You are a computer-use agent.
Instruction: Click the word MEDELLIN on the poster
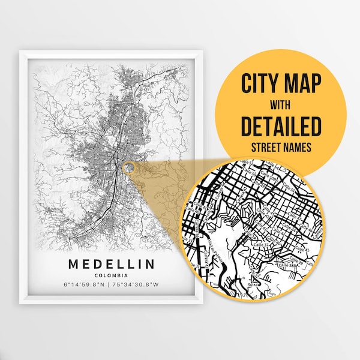[111, 264]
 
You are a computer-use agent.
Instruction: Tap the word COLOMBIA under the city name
[111, 275]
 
